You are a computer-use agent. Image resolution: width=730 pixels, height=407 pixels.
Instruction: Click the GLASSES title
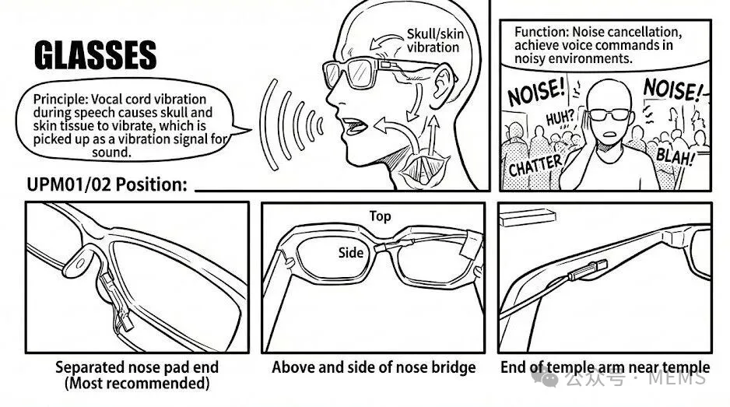96,55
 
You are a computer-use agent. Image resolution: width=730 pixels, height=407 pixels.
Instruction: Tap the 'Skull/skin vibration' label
435,40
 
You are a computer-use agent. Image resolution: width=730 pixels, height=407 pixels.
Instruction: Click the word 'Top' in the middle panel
380,216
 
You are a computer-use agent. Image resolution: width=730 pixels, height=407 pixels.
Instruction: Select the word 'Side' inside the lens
350,252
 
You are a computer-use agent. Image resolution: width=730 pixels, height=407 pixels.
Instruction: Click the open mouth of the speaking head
355,126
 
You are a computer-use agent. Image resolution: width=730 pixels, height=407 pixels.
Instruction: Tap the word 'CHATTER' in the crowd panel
535,165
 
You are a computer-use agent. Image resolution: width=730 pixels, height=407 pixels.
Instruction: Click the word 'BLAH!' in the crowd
675,156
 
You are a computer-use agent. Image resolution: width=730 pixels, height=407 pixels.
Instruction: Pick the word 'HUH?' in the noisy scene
560,118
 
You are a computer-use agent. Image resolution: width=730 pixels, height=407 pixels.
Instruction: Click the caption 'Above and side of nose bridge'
374,367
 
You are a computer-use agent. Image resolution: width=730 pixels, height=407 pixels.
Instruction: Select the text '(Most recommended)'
137,383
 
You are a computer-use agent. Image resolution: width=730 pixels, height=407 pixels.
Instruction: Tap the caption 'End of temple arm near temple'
605,367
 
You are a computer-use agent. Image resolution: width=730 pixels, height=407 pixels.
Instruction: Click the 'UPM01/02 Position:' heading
107,185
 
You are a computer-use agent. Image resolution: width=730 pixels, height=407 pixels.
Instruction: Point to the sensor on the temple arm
588,270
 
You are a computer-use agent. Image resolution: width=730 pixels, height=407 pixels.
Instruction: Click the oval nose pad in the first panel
80,263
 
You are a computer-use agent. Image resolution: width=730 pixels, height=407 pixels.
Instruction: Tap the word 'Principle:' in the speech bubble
61,99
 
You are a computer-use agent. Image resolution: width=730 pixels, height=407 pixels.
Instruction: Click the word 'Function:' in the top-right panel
542,32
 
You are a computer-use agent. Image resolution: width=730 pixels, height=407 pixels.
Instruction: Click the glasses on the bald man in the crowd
610,114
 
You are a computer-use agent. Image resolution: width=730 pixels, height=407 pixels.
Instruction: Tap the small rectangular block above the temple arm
528,217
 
